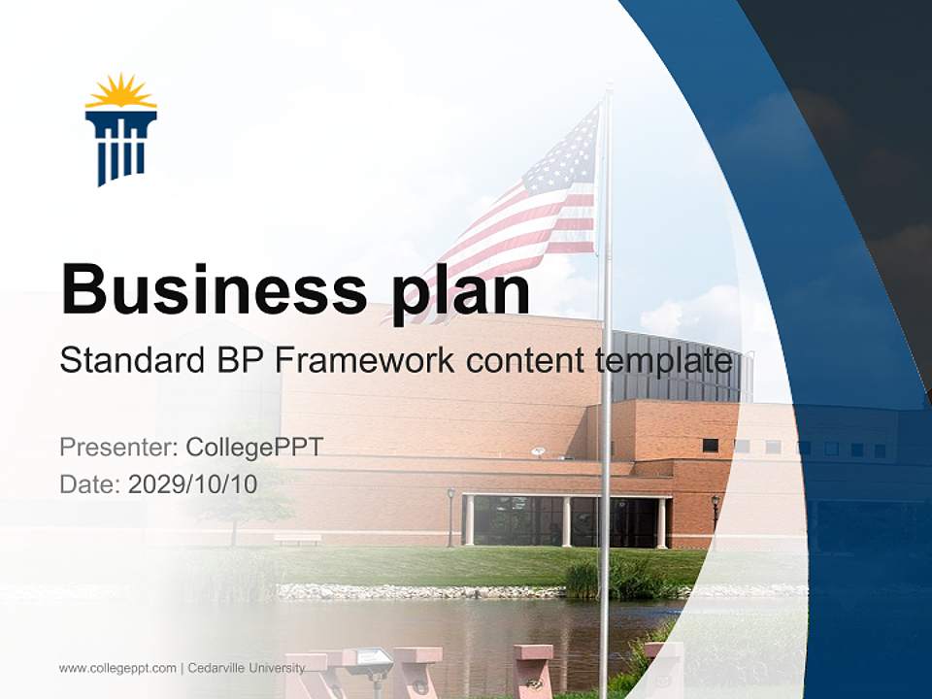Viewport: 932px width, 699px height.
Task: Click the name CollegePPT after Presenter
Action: coord(254,448)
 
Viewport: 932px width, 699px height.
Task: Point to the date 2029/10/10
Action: coord(192,484)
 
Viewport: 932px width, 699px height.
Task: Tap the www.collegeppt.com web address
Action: coord(117,668)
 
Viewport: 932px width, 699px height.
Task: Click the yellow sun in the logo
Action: coord(121,92)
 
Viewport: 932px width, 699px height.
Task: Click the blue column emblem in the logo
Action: coord(121,146)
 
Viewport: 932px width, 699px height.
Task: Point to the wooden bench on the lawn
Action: coord(297,538)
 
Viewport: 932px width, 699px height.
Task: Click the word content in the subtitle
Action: coord(525,361)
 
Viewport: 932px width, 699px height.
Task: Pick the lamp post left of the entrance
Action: coord(450,515)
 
